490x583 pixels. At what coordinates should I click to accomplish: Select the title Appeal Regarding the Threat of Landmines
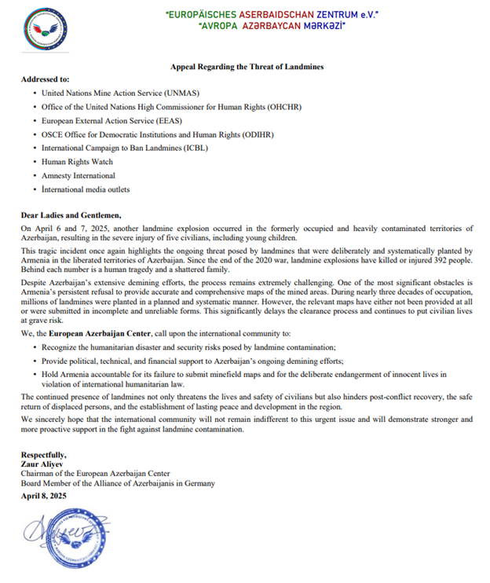[247, 68]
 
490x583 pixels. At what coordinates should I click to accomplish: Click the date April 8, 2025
[44, 496]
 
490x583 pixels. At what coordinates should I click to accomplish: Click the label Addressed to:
[46, 79]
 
